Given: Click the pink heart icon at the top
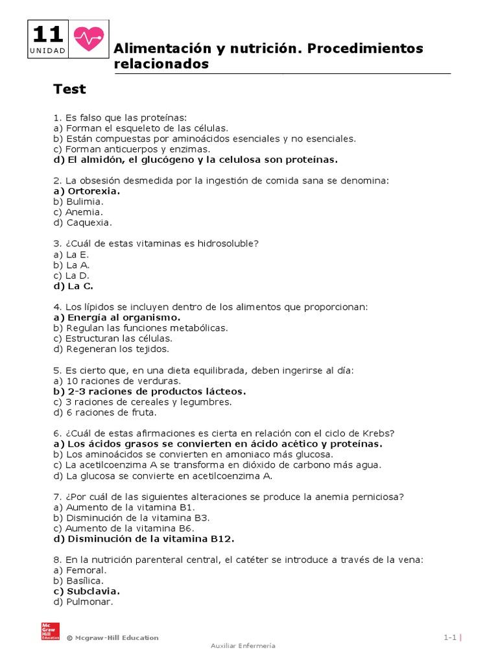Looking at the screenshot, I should point(88,39).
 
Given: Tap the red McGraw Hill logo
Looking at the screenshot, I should point(50,632).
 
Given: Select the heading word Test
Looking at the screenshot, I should point(69,89).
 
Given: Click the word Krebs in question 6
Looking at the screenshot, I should point(378,433).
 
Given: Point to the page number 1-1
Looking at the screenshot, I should point(451,638).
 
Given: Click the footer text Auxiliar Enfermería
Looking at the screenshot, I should point(243,646).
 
